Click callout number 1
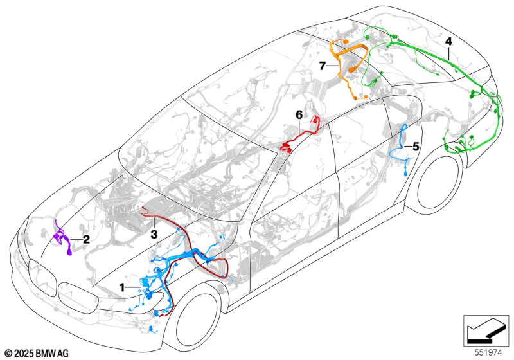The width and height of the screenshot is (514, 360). coord(122,287)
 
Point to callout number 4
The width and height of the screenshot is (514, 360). coord(448,41)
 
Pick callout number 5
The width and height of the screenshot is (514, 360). coord(416,147)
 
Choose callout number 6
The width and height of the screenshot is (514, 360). coord(299,114)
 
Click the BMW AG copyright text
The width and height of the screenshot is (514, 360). coord(36,352)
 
